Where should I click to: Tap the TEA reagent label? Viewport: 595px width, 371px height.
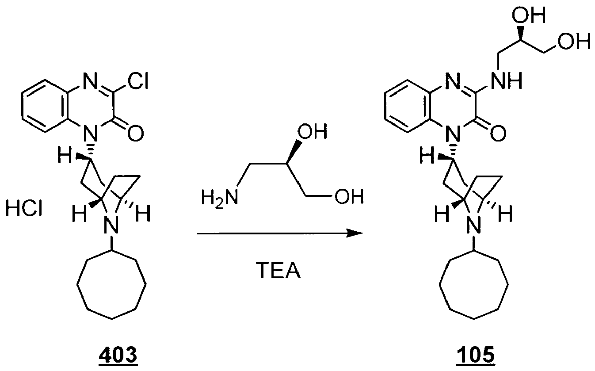click(x=280, y=270)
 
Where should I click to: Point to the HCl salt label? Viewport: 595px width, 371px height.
click(x=24, y=208)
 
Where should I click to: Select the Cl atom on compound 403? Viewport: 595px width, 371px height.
click(x=137, y=81)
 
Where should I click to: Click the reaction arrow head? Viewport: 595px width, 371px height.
click(x=355, y=233)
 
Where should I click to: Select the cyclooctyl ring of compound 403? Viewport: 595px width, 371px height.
click(x=111, y=284)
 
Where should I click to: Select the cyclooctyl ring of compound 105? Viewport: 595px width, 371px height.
click(x=473, y=284)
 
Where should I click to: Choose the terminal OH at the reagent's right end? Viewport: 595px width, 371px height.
click(x=349, y=196)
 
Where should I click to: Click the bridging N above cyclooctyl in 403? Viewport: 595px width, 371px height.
click(x=111, y=225)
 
